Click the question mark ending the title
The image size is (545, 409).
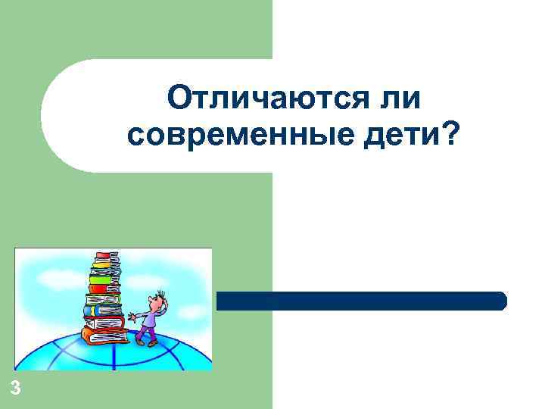[451, 134]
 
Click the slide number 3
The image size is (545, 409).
[16, 389]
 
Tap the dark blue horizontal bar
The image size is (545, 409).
[361, 301]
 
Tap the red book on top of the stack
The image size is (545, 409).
[103, 255]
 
